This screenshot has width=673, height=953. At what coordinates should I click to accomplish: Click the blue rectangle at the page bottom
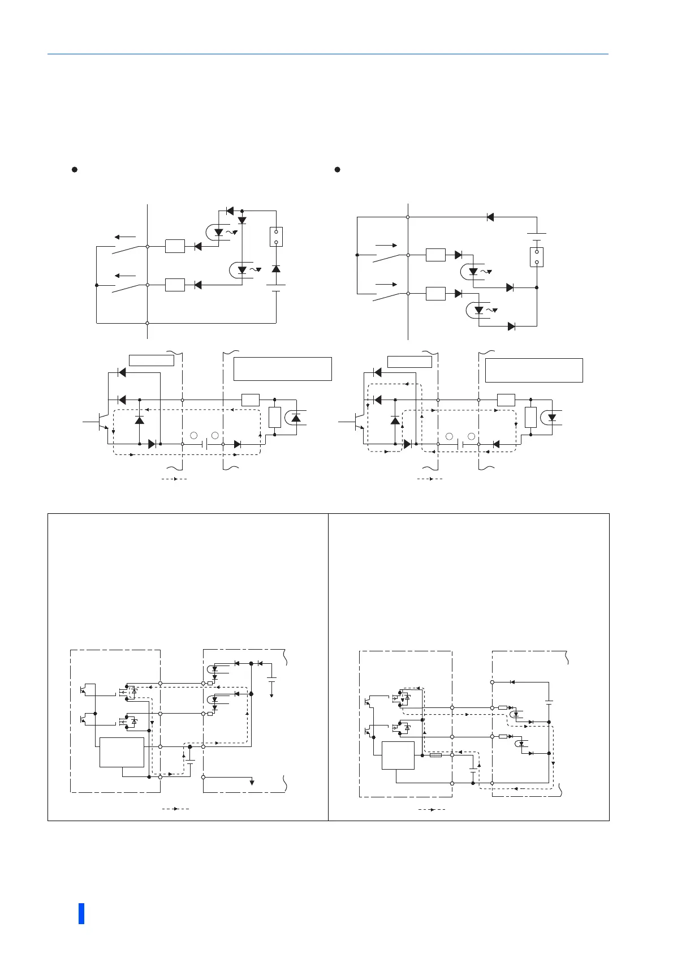click(81, 913)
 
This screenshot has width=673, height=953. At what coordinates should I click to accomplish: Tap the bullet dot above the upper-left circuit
click(74, 169)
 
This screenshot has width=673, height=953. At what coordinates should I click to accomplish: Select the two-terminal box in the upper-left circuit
click(276, 237)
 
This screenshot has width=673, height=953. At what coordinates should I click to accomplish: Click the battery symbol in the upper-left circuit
click(276, 288)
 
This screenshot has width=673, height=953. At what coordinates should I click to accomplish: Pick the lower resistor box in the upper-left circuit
click(175, 285)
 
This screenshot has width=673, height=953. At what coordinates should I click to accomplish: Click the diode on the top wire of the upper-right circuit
click(490, 217)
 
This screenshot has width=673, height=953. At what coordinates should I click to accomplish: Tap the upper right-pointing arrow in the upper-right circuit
click(386, 246)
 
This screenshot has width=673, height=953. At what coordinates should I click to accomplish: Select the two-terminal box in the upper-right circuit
click(537, 257)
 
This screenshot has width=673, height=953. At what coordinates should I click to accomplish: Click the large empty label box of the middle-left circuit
click(282, 369)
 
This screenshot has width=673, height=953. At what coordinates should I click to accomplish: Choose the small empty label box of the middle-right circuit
click(409, 361)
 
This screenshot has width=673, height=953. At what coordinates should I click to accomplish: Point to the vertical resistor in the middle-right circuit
click(530, 417)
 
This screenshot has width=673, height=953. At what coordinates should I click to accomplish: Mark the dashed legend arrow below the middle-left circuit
click(174, 479)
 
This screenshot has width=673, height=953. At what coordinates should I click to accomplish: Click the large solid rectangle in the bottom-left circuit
click(122, 752)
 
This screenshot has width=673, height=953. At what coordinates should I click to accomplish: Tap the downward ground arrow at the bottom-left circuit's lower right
click(252, 782)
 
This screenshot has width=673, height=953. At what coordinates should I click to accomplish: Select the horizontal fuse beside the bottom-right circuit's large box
click(436, 755)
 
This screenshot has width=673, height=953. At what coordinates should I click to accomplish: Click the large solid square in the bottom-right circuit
click(398, 756)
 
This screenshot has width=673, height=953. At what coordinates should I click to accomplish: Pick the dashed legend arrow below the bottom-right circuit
click(432, 810)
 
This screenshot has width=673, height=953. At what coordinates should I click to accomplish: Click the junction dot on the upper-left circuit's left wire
click(97, 285)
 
